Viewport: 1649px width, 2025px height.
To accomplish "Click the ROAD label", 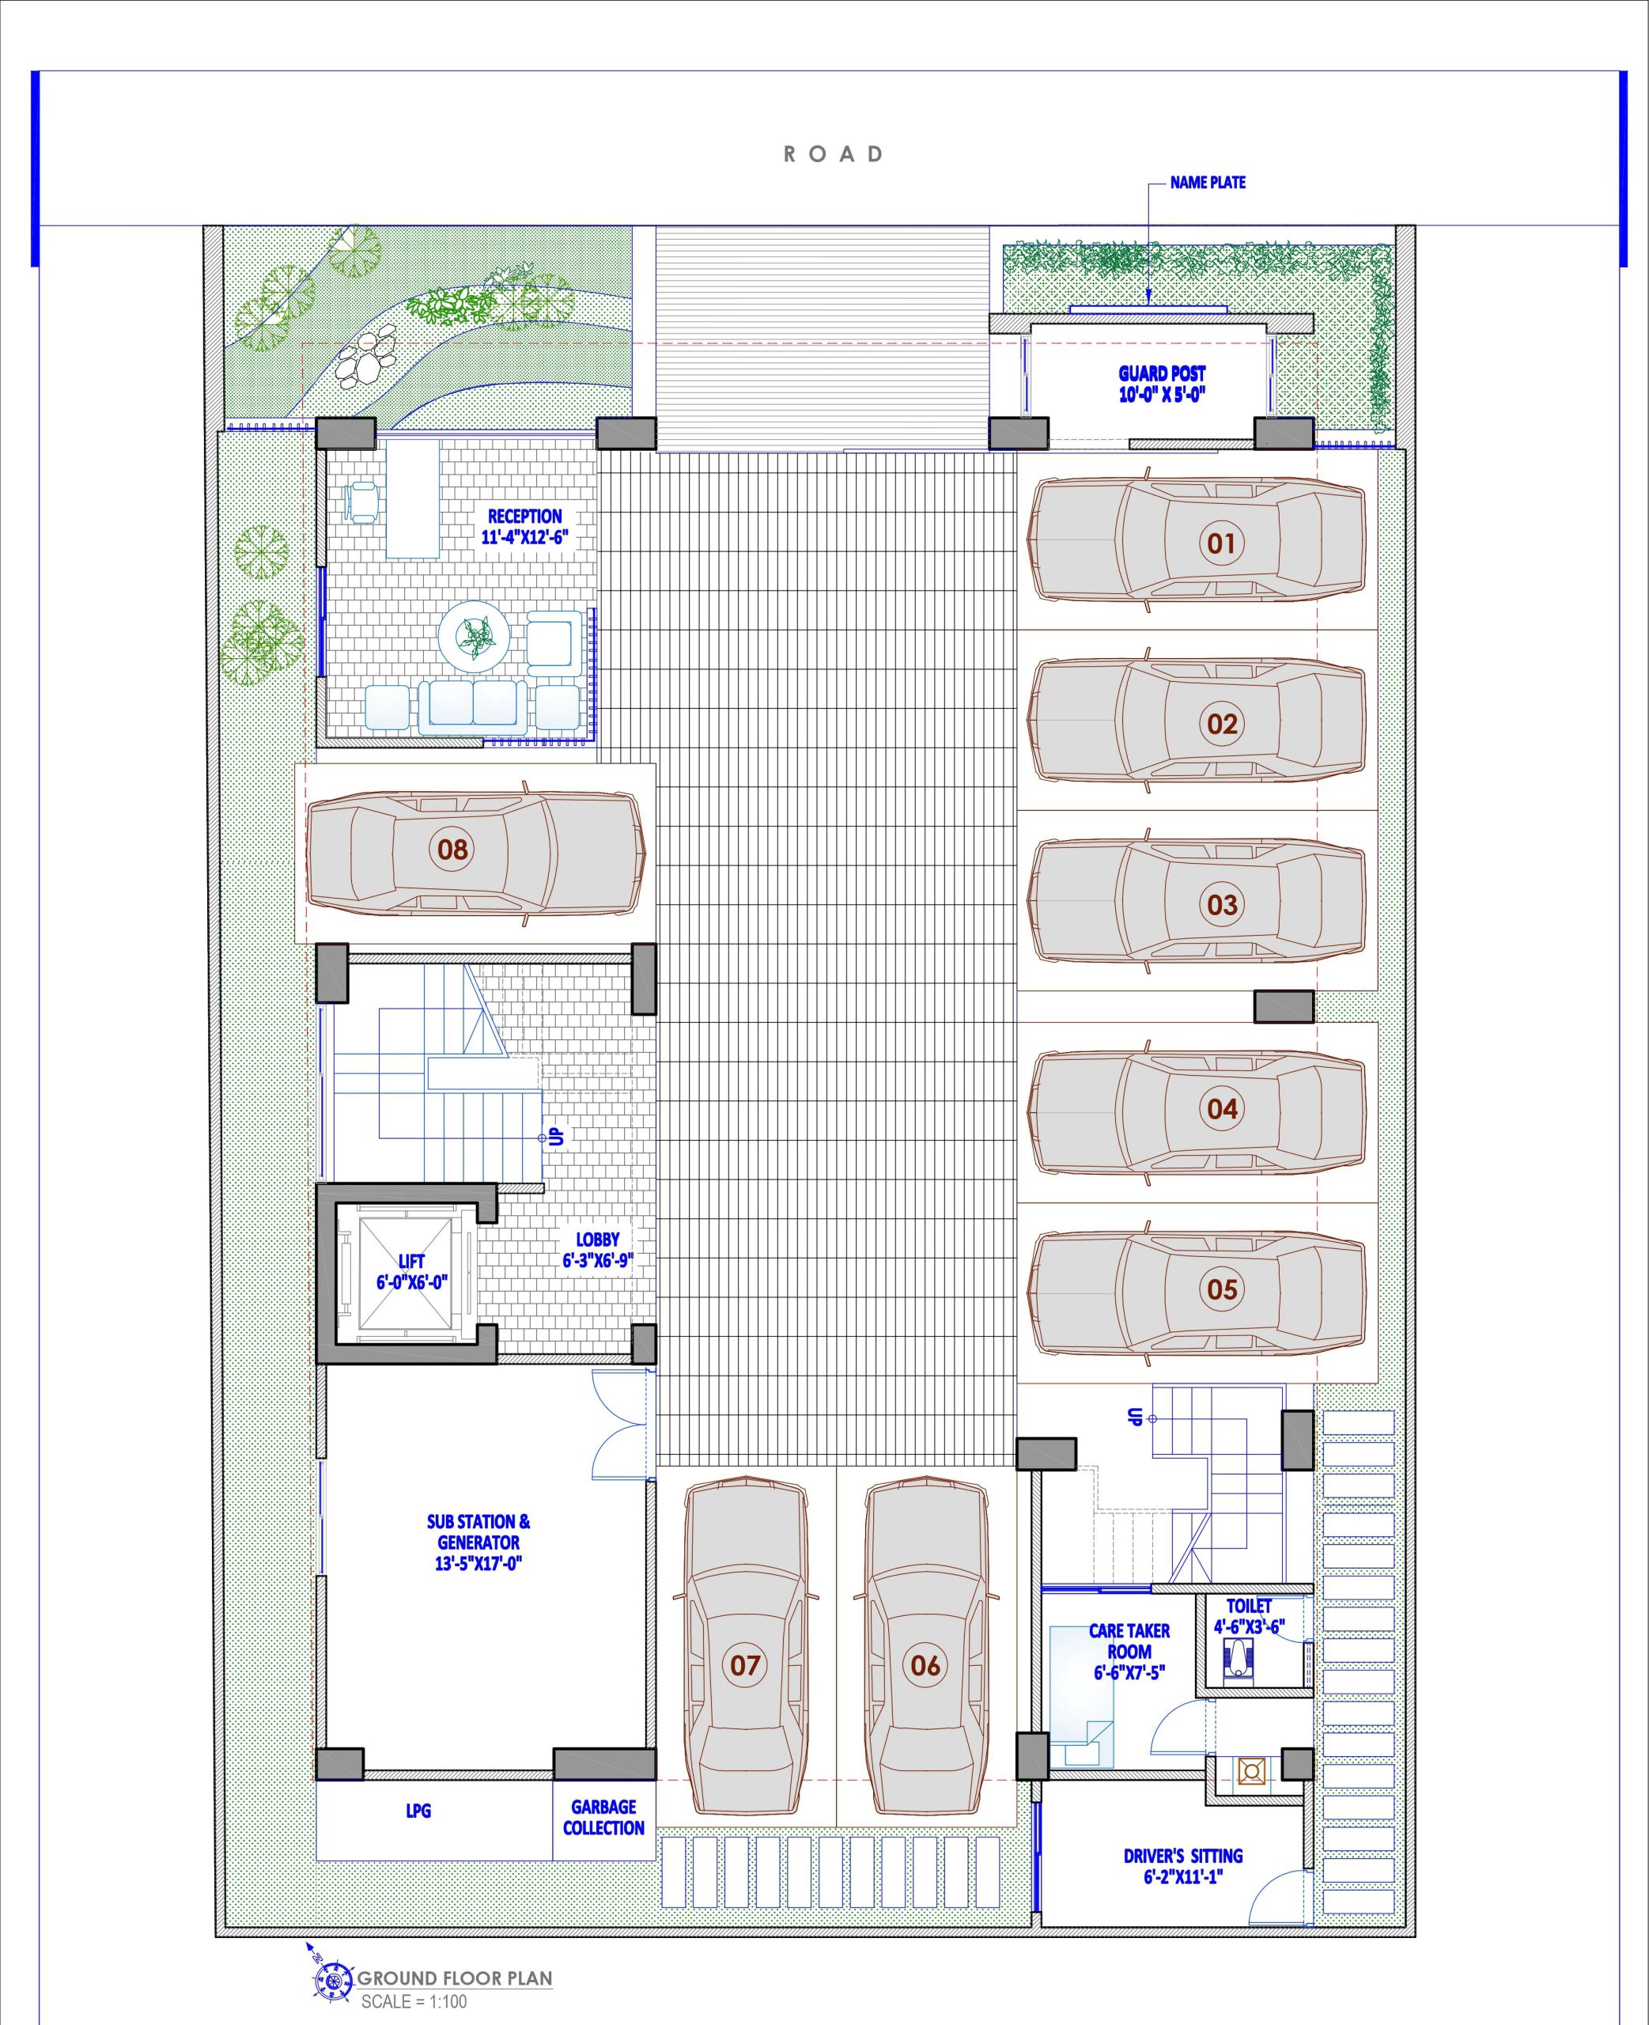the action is tap(833, 154).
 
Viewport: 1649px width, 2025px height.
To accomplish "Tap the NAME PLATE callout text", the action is tap(1208, 183).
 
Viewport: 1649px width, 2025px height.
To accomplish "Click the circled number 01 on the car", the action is tap(1222, 543).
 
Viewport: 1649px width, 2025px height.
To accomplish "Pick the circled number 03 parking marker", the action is tap(1223, 904).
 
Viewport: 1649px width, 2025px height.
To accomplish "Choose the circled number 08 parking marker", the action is tap(452, 848).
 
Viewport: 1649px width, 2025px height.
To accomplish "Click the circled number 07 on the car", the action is tap(745, 1664).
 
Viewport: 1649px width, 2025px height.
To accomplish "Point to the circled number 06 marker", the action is tap(925, 1664).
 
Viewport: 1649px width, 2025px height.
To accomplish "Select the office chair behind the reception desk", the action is tap(363, 502).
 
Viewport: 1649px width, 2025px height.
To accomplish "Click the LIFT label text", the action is tap(411, 1262).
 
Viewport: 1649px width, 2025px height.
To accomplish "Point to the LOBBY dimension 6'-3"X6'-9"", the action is tap(597, 1260).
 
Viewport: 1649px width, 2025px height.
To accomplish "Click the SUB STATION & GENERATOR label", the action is tap(478, 1542).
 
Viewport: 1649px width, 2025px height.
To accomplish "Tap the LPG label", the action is tap(418, 1811).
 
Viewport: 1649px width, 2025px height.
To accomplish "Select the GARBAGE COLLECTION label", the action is tap(603, 1817).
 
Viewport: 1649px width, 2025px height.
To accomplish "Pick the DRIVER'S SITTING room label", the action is tap(1182, 1865).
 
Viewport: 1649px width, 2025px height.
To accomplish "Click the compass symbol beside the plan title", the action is tap(334, 1976).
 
